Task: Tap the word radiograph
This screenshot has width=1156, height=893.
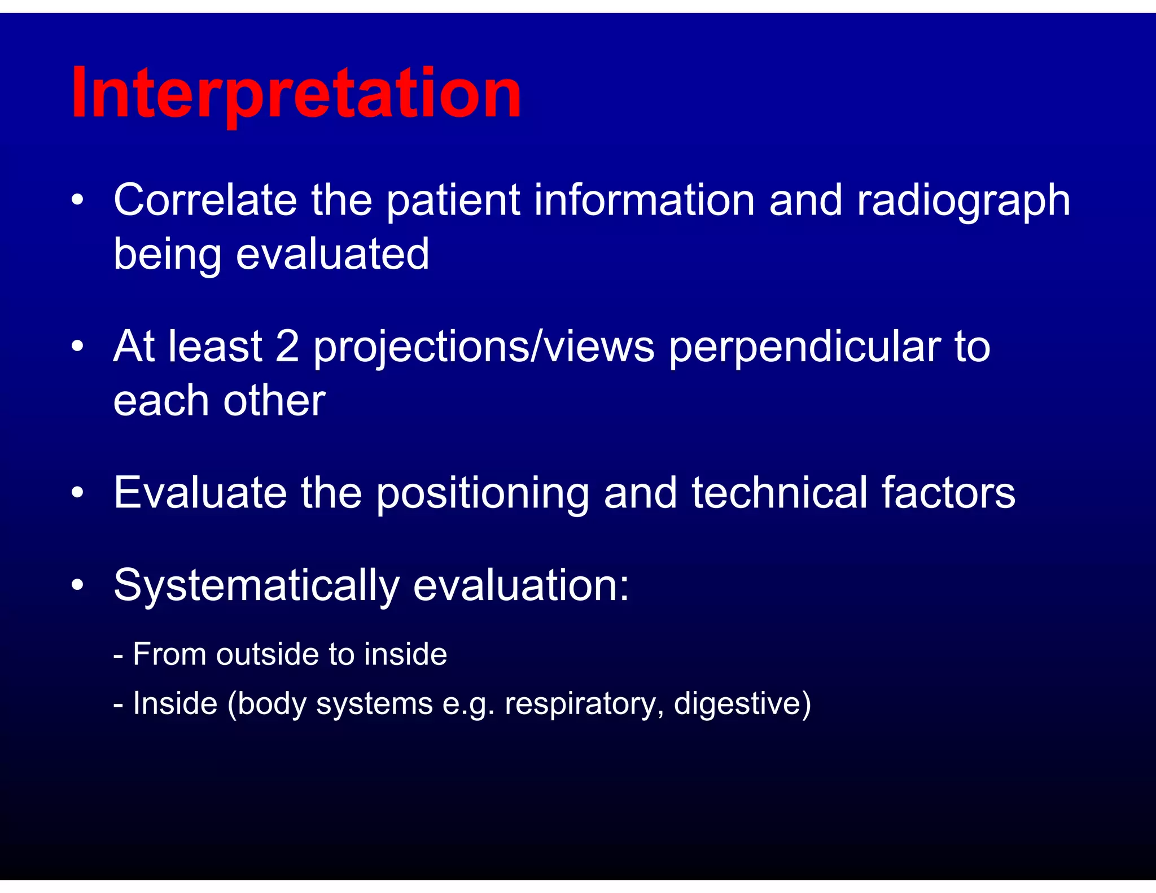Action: point(963,201)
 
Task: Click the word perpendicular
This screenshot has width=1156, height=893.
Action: point(804,347)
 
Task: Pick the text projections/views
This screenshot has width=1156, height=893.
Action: point(484,347)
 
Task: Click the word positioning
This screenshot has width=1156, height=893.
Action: point(482,493)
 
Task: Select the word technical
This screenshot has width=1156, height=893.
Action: point(780,492)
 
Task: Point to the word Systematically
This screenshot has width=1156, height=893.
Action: point(256,586)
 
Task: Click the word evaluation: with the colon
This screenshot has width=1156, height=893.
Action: point(520,585)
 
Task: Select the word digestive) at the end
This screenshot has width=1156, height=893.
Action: point(742,704)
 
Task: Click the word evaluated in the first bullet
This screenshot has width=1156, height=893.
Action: point(332,254)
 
